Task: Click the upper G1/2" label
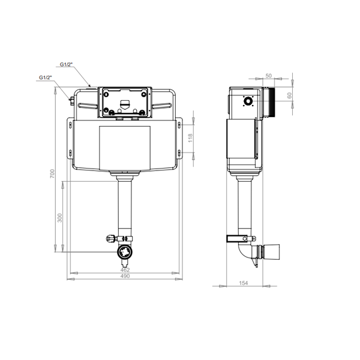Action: click(x=66, y=63)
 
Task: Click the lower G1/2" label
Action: click(x=46, y=77)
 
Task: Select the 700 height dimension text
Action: click(x=53, y=173)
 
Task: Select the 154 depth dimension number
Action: click(x=244, y=283)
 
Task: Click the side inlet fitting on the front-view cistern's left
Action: click(x=71, y=100)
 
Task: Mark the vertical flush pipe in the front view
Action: click(x=125, y=207)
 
